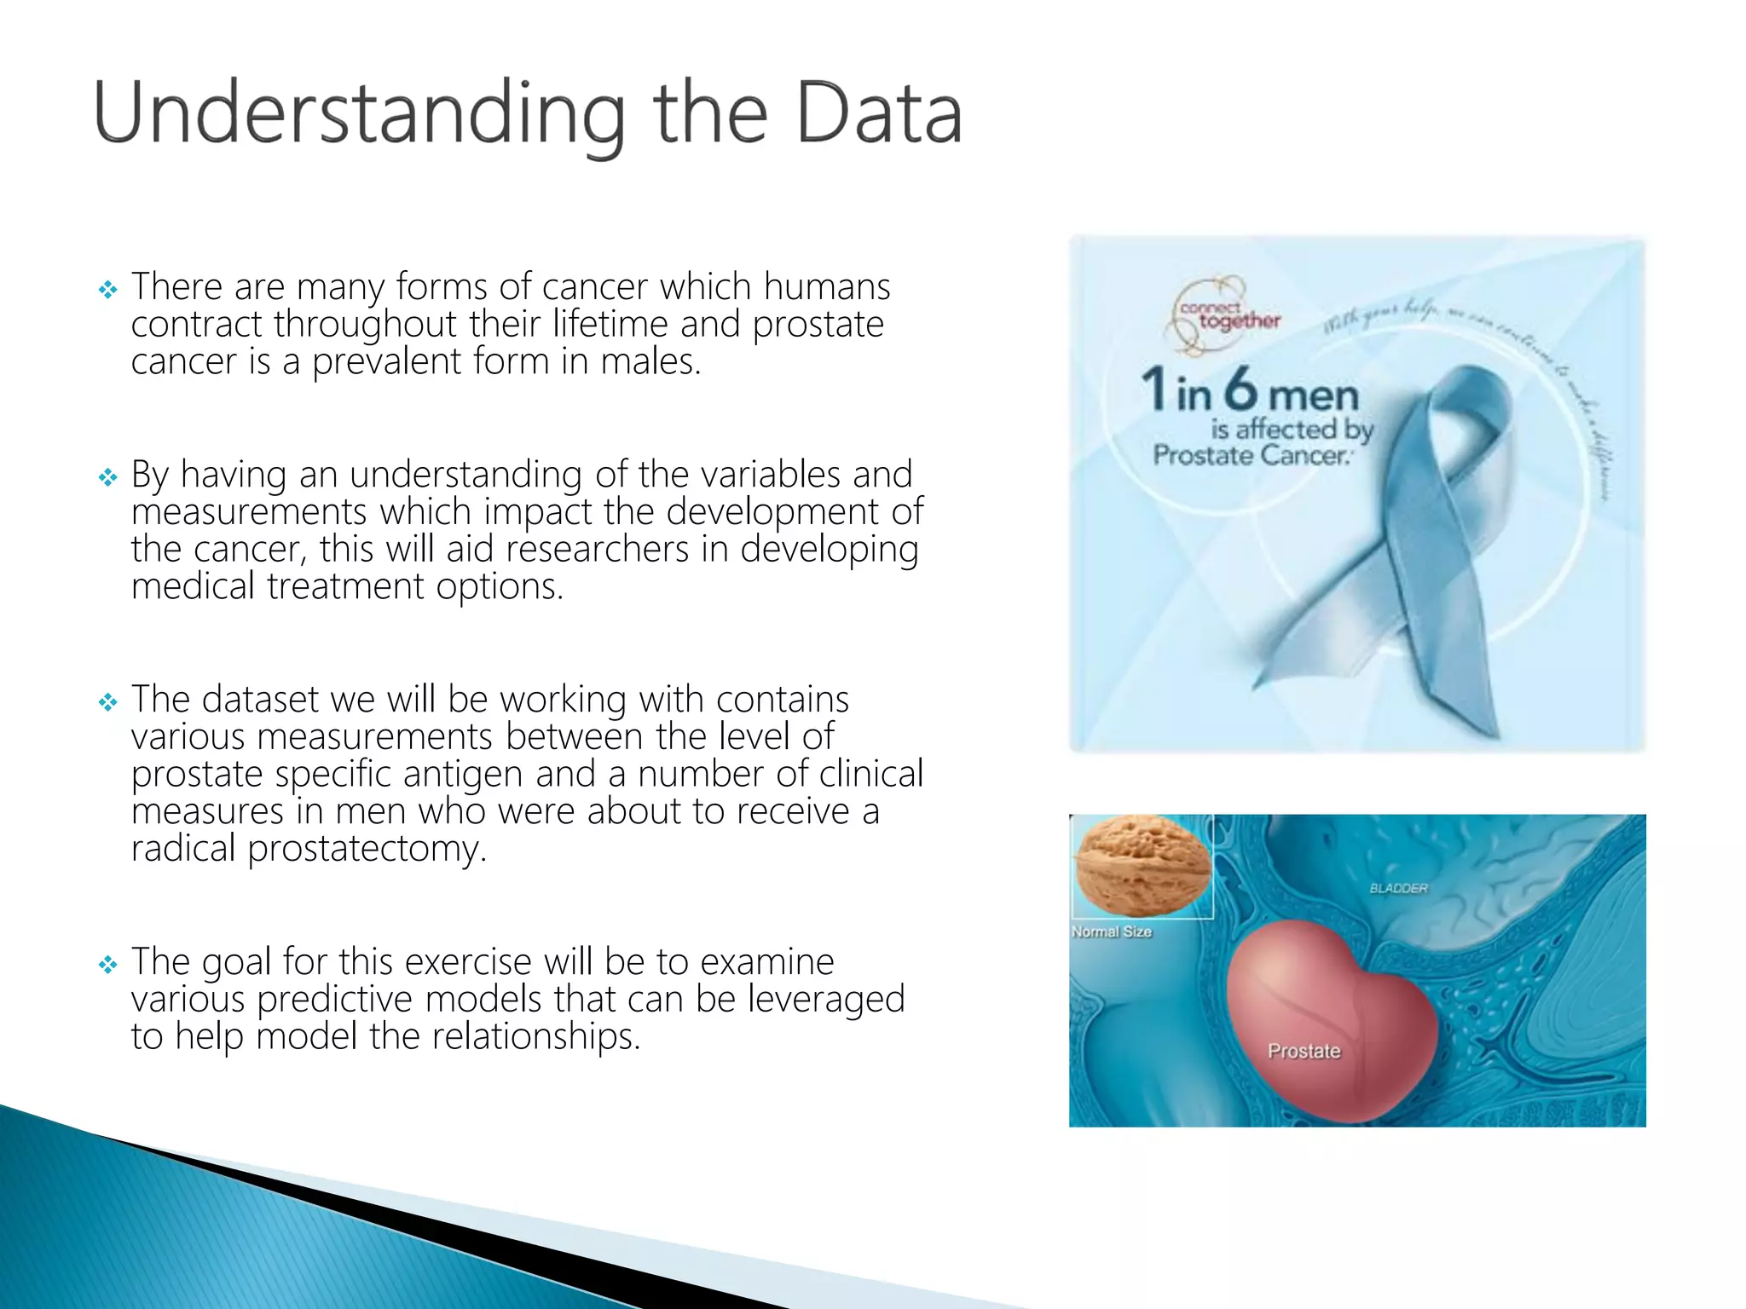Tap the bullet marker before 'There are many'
(107, 290)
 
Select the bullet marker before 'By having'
(107, 477)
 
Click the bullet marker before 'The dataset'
(107, 702)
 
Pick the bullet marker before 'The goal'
(107, 965)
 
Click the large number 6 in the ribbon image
(1241, 389)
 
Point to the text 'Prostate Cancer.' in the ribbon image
(1252, 455)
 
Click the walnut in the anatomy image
(1142, 864)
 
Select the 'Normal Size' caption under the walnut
(1112, 931)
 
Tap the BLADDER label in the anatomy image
(1398, 888)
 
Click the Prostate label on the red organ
(1304, 1051)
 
